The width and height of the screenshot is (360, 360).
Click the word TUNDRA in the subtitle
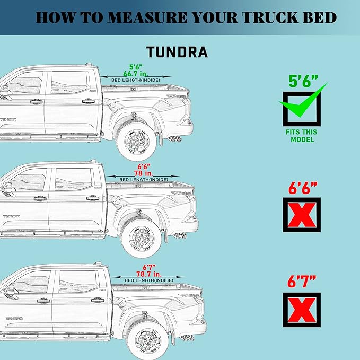177,52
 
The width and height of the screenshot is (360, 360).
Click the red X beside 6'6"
302,215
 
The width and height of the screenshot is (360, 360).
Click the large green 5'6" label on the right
303,81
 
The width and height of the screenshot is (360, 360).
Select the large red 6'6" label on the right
302,188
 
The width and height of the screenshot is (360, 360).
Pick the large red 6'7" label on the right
302,282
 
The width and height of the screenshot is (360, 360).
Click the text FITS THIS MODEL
302,136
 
